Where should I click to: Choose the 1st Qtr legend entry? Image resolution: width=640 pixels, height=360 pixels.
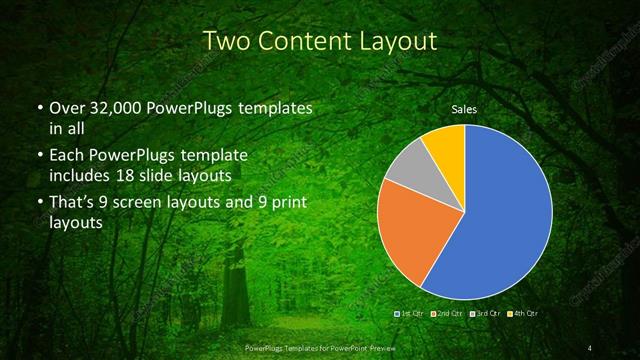411,314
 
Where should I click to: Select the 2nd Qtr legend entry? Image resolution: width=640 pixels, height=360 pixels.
445,314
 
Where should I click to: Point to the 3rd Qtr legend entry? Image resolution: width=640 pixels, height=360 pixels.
480,314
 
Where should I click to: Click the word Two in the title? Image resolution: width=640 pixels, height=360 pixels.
226,41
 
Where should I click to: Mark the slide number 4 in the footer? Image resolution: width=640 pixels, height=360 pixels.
590,347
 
